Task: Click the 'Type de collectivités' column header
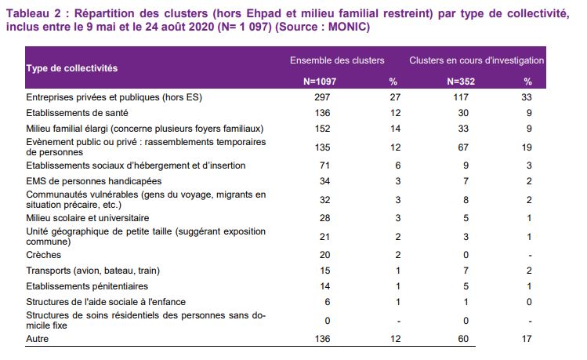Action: coord(72,68)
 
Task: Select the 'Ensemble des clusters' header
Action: coord(337,60)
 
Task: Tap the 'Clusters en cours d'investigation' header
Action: coord(476,60)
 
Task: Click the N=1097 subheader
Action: coord(320,82)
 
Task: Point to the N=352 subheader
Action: coord(461,82)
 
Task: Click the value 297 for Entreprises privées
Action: coord(322,97)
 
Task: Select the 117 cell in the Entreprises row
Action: coord(461,97)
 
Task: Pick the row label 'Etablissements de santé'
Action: coord(77,113)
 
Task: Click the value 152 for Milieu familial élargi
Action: coord(322,129)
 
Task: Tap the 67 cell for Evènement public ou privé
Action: coord(463,147)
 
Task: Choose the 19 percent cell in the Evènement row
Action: coord(527,147)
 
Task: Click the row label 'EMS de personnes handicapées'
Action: coord(94,181)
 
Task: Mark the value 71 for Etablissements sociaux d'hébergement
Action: coord(324,165)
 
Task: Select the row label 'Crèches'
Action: coord(43,255)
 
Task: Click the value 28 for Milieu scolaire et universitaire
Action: coord(324,218)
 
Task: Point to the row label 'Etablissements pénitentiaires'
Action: coord(87,286)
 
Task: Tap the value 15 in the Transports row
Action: coord(325,271)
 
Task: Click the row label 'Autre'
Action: coord(38,339)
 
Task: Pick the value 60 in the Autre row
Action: coord(463,339)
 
